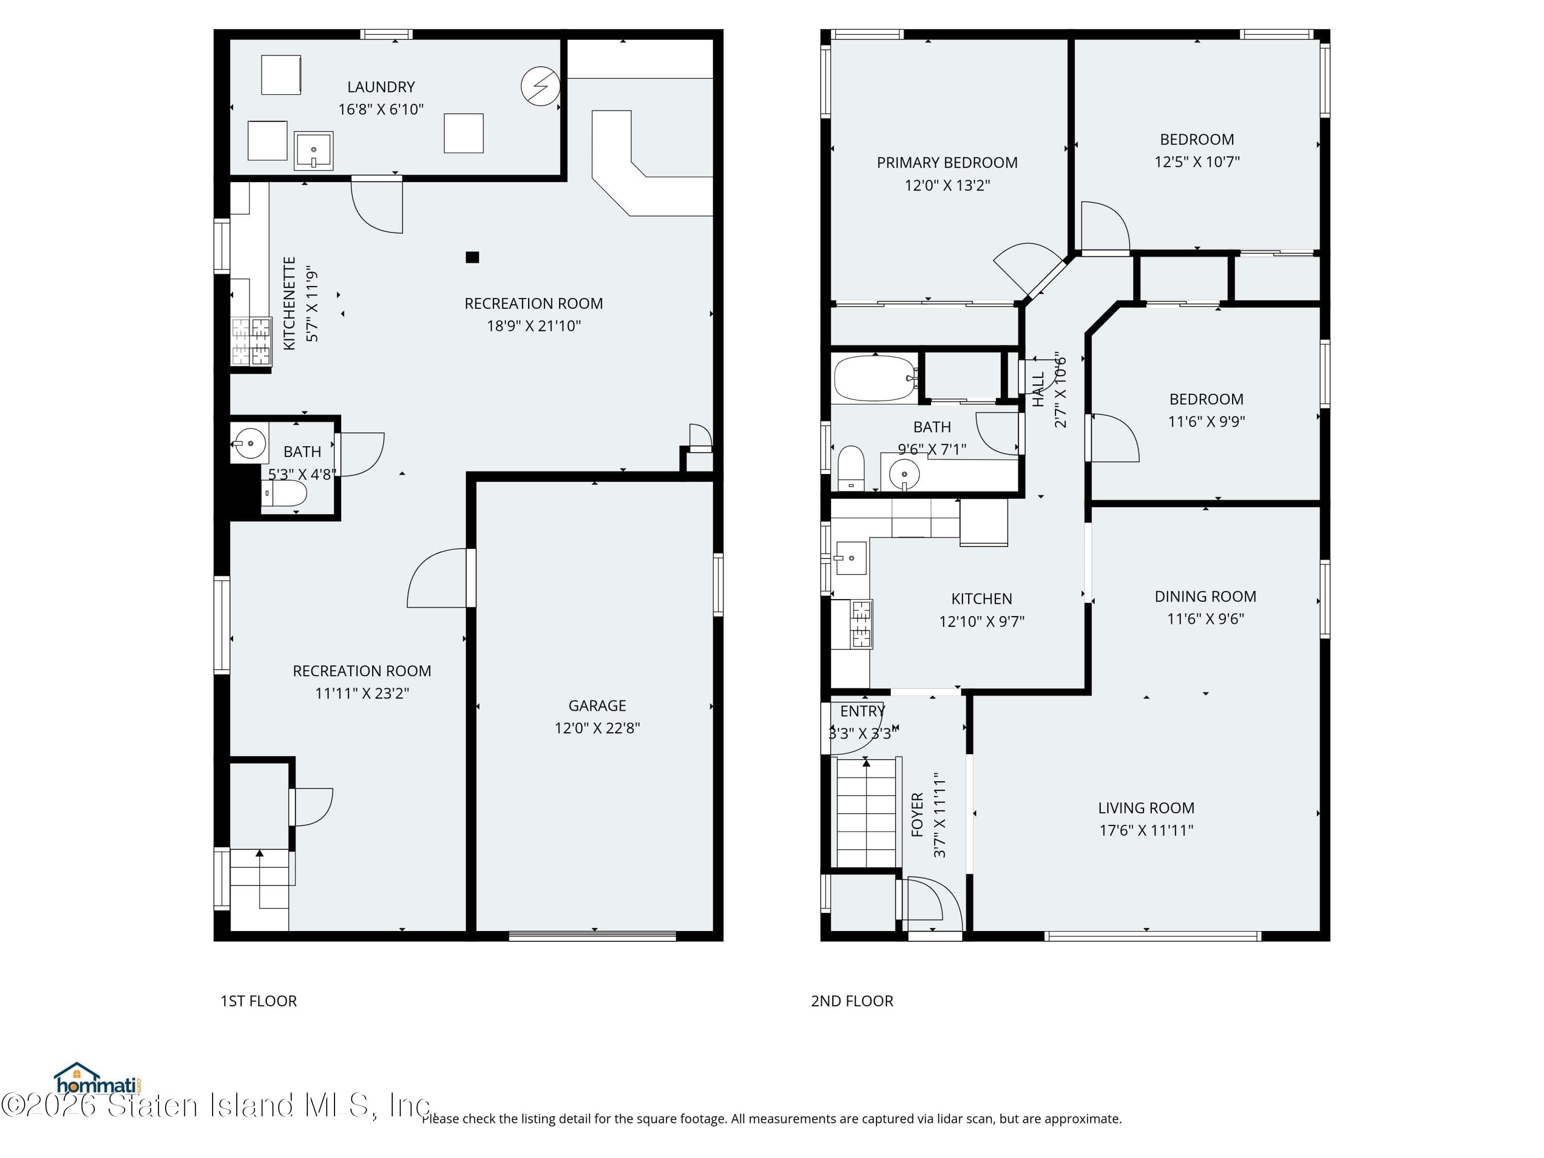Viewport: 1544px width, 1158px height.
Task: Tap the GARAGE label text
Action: (597, 706)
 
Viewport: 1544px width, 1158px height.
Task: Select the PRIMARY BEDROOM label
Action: (946, 163)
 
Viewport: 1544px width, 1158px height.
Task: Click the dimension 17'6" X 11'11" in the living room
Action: (1146, 830)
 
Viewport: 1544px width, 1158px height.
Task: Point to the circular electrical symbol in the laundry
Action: (540, 86)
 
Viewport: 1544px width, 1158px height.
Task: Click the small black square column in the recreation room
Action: (472, 257)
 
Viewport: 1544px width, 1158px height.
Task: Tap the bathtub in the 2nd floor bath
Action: (875, 378)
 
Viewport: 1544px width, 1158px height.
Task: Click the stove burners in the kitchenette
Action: (251, 341)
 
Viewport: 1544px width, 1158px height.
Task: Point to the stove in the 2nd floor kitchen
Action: (861, 623)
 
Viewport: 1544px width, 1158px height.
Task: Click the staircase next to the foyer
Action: (866, 813)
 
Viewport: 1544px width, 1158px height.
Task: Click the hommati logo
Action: (98, 1080)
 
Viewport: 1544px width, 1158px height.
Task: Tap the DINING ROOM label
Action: (1205, 596)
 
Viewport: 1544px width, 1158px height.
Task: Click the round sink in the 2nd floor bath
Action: (904, 475)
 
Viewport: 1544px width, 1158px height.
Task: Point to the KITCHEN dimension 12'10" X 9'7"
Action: (981, 621)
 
